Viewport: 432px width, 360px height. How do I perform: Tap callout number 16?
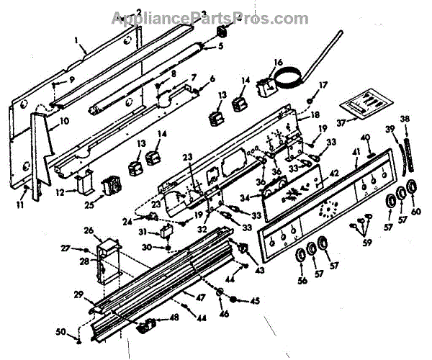[x=279, y=62]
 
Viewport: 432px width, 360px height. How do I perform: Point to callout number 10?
[x=63, y=121]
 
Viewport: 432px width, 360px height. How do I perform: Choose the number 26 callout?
[x=89, y=230]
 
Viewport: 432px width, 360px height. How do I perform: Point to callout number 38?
[x=405, y=119]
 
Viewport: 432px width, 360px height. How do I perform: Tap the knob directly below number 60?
[x=411, y=188]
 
